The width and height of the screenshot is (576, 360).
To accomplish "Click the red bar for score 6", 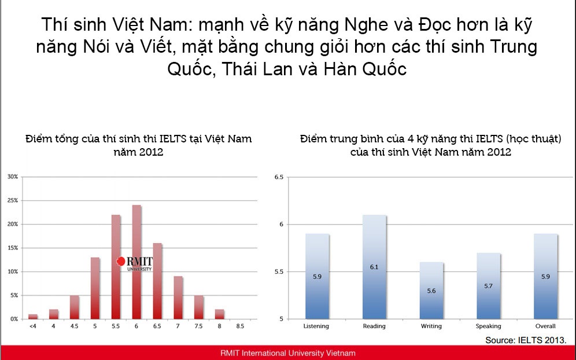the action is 136,262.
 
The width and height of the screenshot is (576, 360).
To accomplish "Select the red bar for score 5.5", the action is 116,267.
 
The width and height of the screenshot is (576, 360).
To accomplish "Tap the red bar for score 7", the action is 178,297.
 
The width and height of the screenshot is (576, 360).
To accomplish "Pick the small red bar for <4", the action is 33,317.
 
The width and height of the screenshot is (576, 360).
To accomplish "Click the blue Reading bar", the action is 374,267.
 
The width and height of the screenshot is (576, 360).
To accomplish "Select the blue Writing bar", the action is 431,291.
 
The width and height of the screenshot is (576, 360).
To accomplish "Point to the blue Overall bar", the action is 545,277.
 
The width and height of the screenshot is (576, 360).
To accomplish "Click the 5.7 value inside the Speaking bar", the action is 488,286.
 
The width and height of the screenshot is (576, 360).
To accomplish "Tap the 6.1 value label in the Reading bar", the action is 374,267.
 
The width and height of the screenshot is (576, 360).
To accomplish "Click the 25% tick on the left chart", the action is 13,200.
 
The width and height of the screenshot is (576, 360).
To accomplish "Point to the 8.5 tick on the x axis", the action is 240,326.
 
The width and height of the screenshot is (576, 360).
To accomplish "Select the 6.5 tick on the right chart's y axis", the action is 279,177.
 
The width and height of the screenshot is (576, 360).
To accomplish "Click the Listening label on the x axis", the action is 316,326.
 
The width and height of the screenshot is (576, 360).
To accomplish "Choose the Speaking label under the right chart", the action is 488,326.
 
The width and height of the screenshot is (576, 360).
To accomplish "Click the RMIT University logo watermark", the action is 134,263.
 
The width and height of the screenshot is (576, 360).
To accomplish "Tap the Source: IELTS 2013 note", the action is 526,340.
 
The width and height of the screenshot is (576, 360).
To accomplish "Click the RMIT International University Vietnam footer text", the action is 288,353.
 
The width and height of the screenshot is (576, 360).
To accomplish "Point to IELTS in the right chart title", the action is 489,139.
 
